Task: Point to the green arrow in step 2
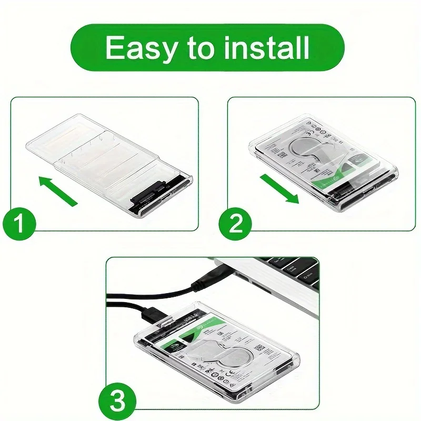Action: click(x=279, y=189)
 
